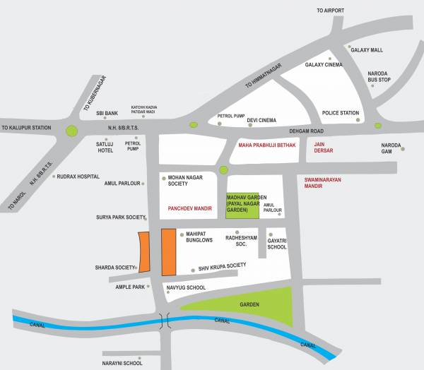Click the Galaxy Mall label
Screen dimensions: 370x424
click(x=366, y=50)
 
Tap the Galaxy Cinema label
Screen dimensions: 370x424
click(x=323, y=65)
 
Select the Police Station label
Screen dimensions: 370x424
click(x=341, y=113)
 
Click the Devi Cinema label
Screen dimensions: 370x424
click(x=261, y=121)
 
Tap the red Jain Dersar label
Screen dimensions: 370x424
click(x=324, y=147)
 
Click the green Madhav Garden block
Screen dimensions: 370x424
click(x=242, y=205)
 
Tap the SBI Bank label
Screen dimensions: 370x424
click(x=107, y=113)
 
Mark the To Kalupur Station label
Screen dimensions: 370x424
click(x=27, y=128)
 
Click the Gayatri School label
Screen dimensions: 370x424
click(x=277, y=244)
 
